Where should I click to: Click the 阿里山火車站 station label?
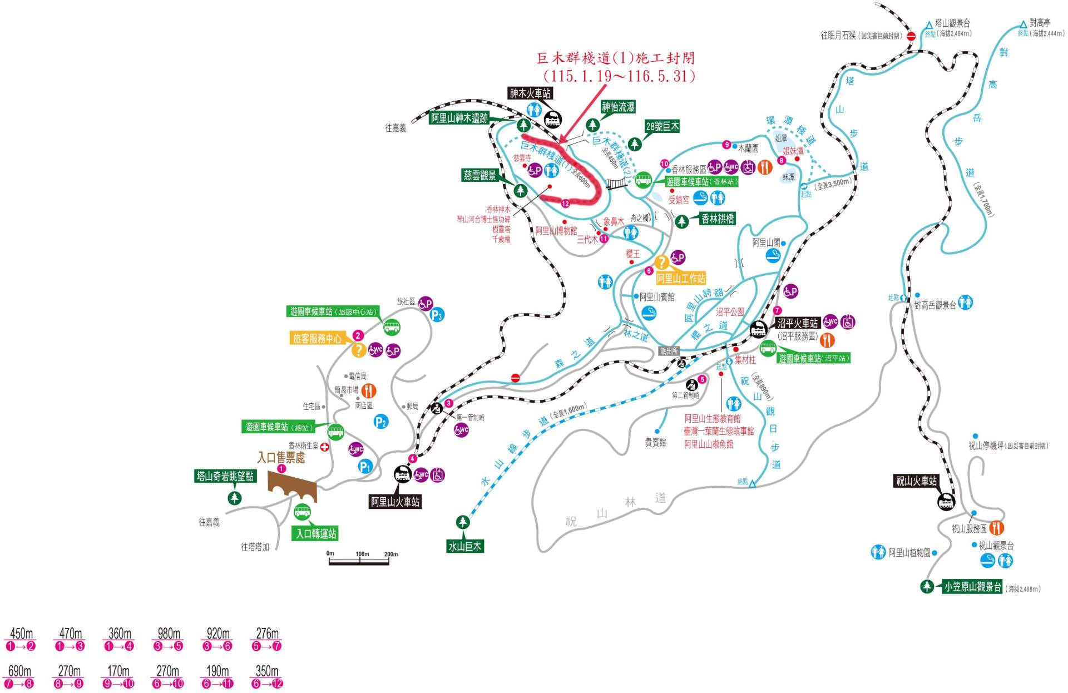coord(395,502)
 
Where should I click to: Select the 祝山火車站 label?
coord(916,481)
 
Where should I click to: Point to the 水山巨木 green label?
coord(465,546)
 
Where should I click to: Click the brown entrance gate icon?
coord(291,487)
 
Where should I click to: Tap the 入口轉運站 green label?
coord(316,534)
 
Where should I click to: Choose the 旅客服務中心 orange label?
coord(317,338)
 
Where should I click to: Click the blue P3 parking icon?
coord(437,315)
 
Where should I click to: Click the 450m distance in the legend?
coord(21,633)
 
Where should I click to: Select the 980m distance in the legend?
coord(169,633)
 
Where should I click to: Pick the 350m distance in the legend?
coord(267,671)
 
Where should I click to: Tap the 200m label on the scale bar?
coord(390,554)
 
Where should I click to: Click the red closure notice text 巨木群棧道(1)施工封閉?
coord(615,58)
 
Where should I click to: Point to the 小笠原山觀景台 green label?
coord(972,587)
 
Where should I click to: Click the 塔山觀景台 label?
coord(952,23)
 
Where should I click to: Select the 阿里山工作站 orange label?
coord(681,278)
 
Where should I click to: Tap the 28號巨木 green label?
coord(662,126)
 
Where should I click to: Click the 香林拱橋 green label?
coord(718,219)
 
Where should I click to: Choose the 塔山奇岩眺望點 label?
coord(225,476)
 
